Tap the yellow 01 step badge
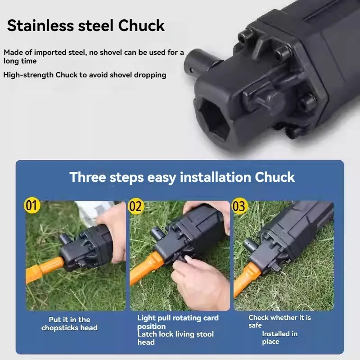[32, 205]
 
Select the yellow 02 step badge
[136, 206]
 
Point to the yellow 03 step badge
[239, 206]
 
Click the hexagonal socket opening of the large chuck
[214, 119]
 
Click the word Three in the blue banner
[87, 177]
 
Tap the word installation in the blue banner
[216, 177]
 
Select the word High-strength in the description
[28, 75]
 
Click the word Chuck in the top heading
[141, 25]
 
